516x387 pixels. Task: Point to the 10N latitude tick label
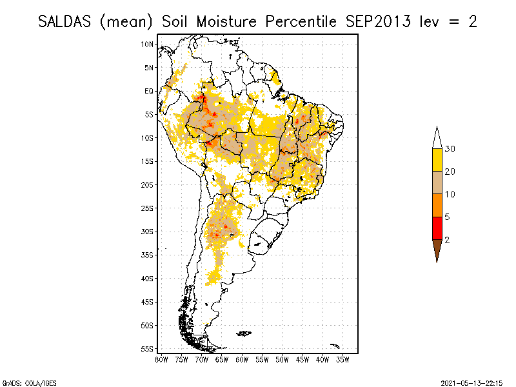point(148,44)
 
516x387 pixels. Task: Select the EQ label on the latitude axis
point(149,91)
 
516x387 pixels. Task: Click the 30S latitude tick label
point(148,232)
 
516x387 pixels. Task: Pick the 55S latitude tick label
point(148,349)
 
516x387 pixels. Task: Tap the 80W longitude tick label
point(162,359)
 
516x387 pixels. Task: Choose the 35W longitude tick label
point(342,359)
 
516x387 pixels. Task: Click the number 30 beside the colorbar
point(450,149)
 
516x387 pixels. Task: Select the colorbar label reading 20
point(450,172)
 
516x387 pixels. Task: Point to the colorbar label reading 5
point(448,217)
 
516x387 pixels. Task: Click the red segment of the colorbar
point(437,228)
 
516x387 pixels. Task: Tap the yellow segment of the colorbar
point(437,160)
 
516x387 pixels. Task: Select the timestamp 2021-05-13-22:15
point(471,382)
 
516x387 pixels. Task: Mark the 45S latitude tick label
point(148,302)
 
